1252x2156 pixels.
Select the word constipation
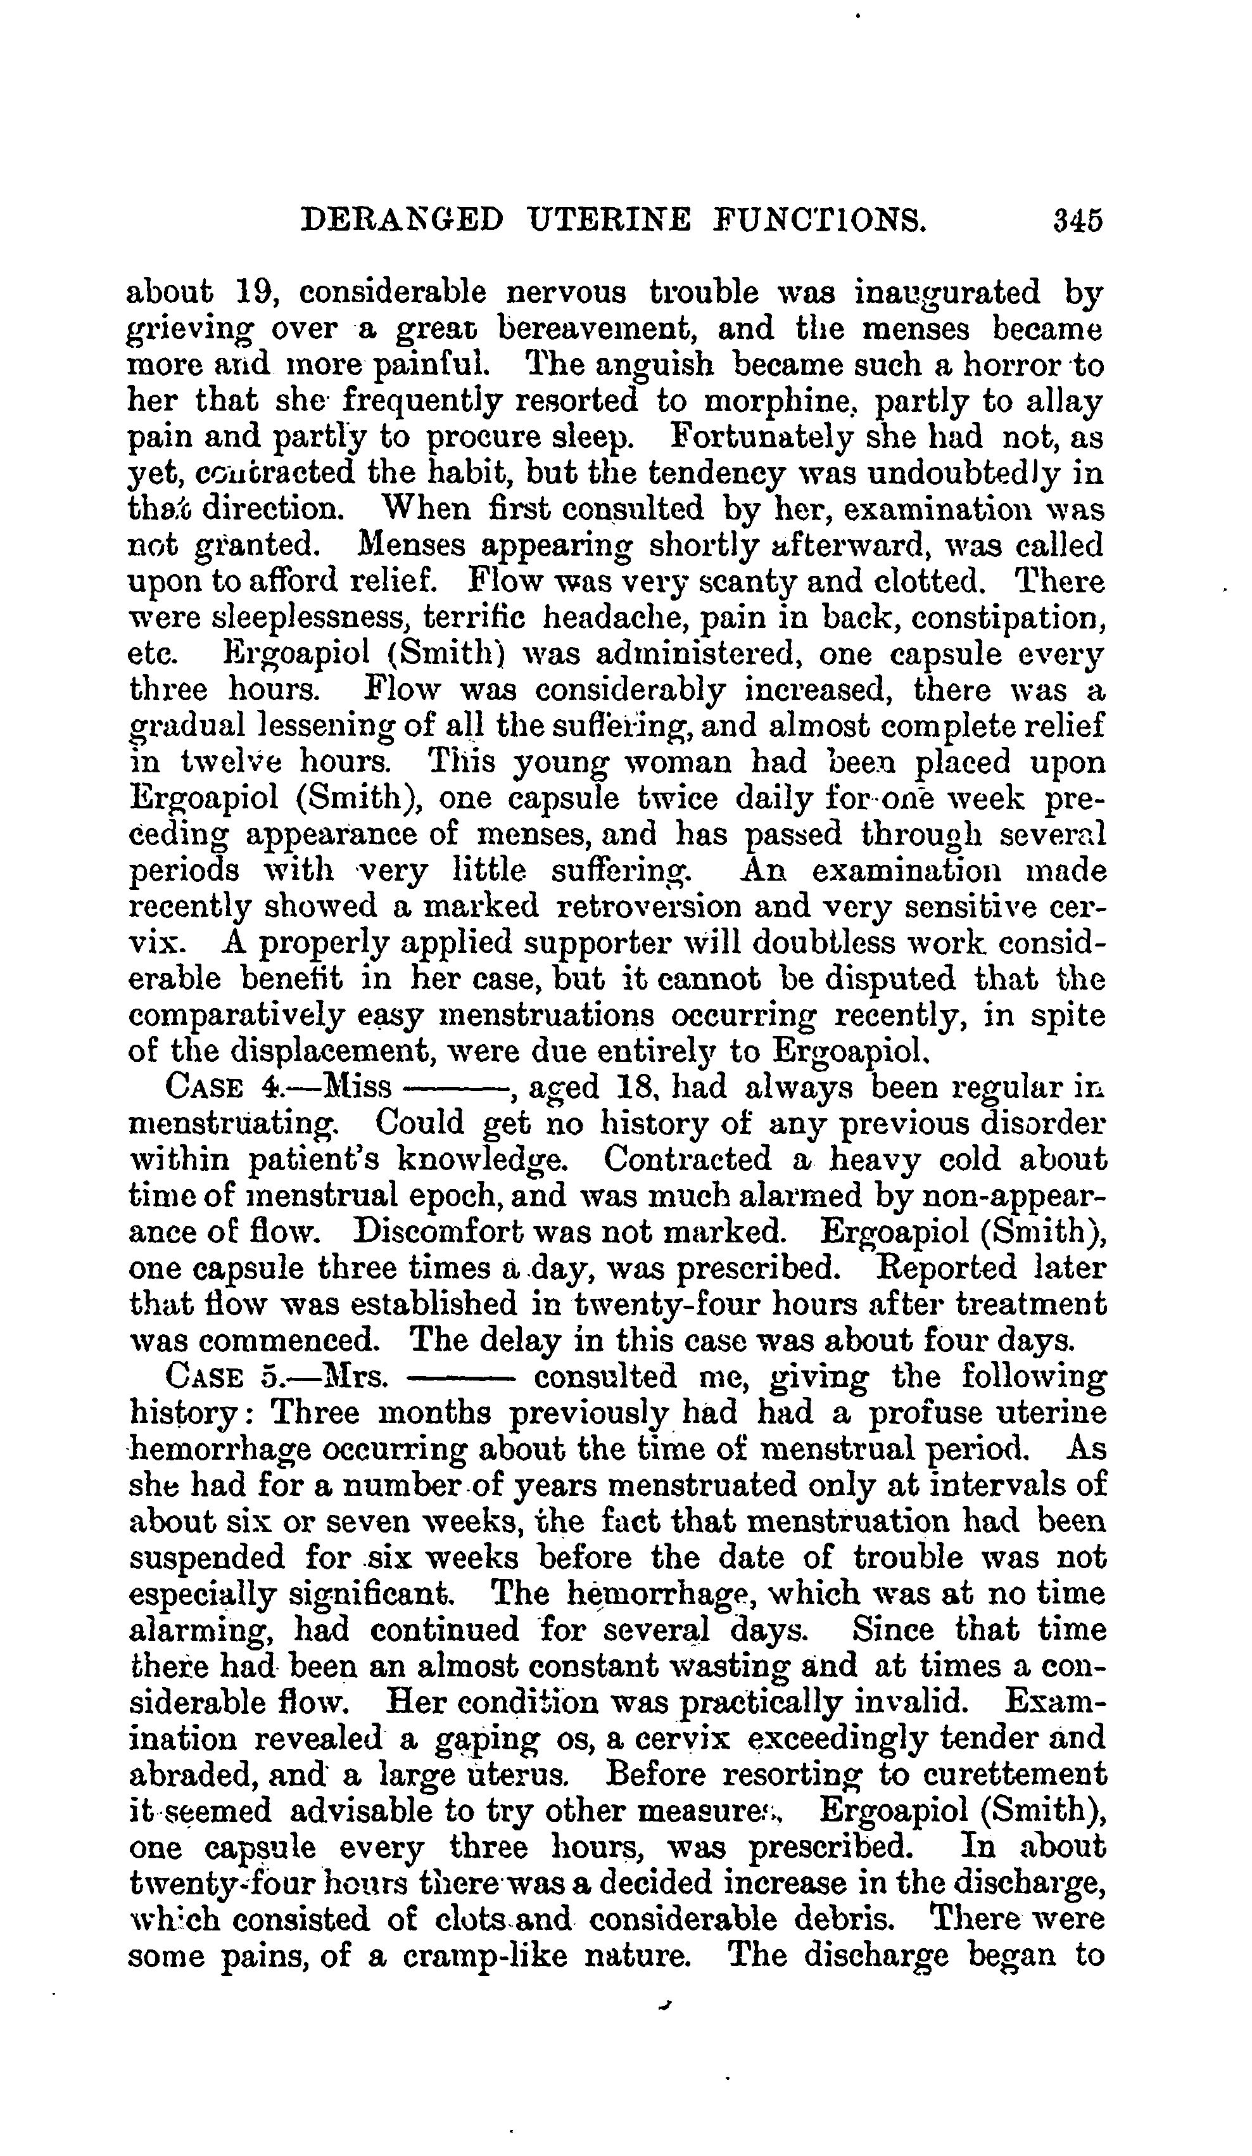pos(1006,617)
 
